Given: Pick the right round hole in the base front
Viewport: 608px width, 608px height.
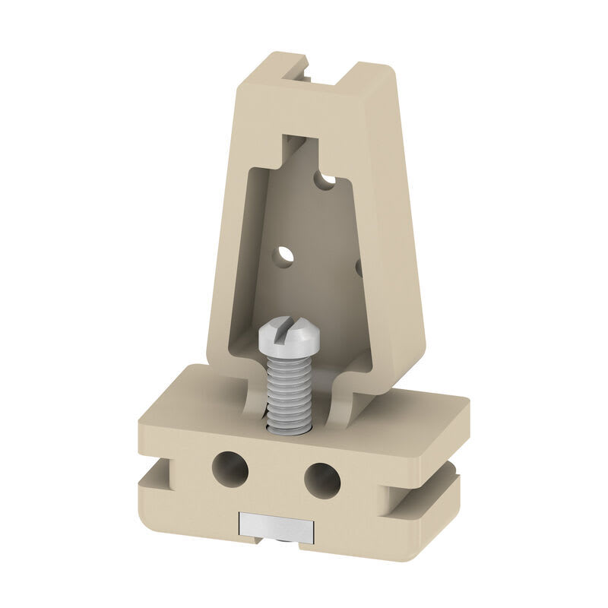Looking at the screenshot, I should point(323,479).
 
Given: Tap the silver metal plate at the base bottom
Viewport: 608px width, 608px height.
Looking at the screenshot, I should point(275,525).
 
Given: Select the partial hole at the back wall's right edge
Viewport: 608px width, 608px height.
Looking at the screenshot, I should point(358,267).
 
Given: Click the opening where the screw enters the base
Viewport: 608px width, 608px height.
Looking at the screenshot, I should point(289,427).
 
